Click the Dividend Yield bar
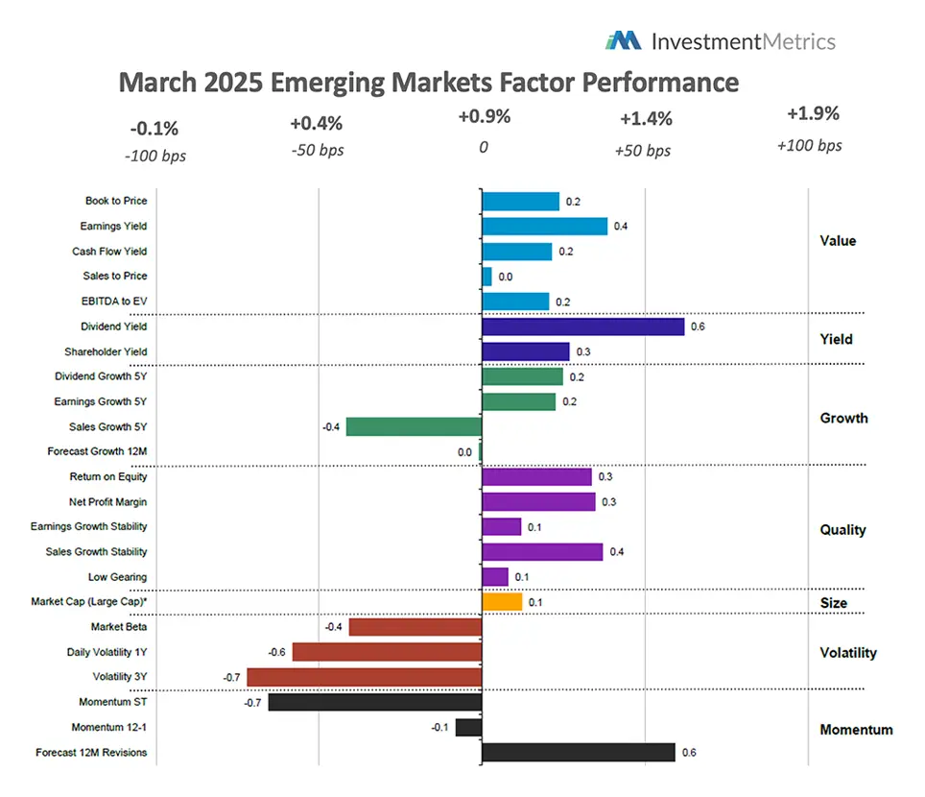click(x=582, y=326)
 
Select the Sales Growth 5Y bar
click(x=414, y=426)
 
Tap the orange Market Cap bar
click(x=502, y=602)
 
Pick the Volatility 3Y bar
click(x=364, y=677)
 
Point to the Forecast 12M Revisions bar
click(x=578, y=752)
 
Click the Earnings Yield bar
click(x=544, y=227)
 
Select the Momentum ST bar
click(x=374, y=702)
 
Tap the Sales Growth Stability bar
click(x=542, y=551)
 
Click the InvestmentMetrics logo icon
click(x=623, y=40)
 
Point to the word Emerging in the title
click(x=325, y=83)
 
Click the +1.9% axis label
click(x=813, y=113)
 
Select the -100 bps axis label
click(x=154, y=155)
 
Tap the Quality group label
click(x=842, y=529)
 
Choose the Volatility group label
click(x=848, y=653)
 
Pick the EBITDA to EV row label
click(x=112, y=302)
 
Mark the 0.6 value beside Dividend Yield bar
click(x=698, y=326)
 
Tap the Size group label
click(x=834, y=603)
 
